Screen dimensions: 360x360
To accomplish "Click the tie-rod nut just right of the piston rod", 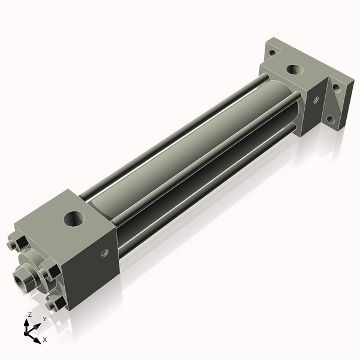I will pos(48,274).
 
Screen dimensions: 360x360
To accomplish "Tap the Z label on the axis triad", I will pos(29,314).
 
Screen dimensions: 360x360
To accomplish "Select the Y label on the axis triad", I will pos(44,319).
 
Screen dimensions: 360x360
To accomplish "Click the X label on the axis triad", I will pos(45,340).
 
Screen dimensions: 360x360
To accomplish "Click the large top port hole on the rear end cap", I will pos(295,70).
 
